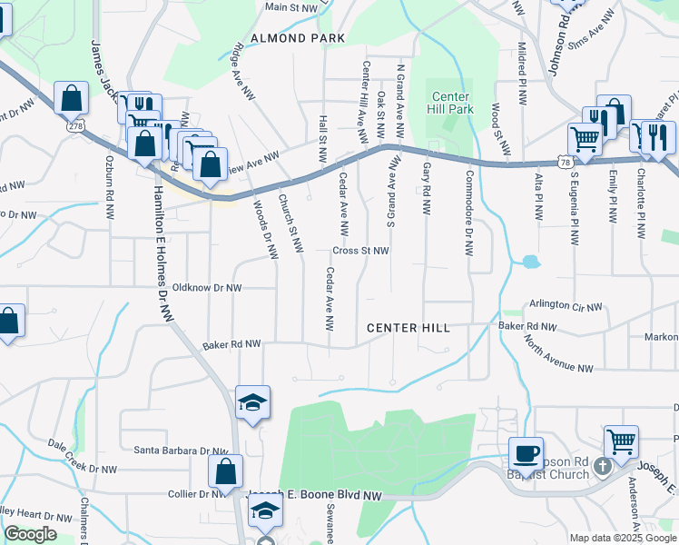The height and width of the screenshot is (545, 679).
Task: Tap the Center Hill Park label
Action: coord(450,103)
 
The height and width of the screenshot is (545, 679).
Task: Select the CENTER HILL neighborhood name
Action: coord(408,328)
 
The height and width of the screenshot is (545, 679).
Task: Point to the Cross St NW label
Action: coord(360,251)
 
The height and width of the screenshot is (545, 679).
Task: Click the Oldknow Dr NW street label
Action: coord(207,288)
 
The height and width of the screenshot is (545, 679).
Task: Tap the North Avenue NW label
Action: coord(558,352)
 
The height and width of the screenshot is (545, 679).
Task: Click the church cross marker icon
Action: coord(603,469)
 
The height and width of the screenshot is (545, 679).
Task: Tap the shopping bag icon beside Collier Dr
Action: coord(225,471)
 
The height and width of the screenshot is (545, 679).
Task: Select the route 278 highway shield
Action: coord(75,125)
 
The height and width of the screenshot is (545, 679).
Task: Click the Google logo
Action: coord(30,534)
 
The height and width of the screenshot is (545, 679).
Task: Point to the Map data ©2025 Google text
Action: coord(622,538)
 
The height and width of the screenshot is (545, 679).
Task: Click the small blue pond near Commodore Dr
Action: coord(528,263)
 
